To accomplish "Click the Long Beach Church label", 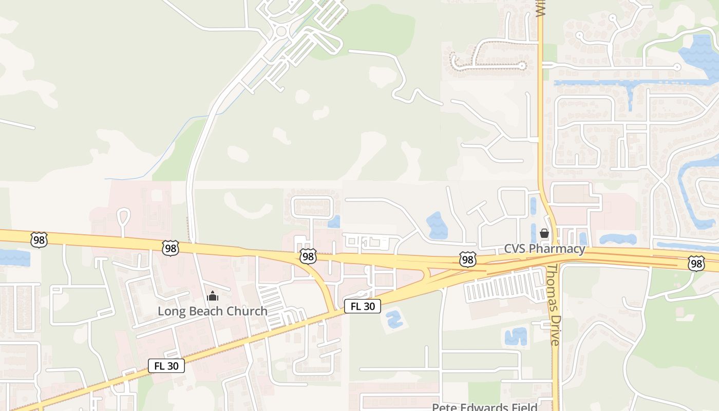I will point(212,311).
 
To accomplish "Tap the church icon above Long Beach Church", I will point(212,296).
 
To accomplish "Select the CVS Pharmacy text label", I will point(544,249).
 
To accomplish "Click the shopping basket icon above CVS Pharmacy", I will point(544,234).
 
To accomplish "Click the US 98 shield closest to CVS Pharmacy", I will point(467,259).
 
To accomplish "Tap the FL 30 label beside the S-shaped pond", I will point(363,307).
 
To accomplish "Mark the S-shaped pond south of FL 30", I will point(393,319).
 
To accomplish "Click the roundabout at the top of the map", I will point(281,32).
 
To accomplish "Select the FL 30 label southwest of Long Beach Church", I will point(166,366).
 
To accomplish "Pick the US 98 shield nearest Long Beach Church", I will point(170,248).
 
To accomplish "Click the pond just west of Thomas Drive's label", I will point(516,337).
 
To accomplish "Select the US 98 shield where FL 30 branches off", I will point(308,256).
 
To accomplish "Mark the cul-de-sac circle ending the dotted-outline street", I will point(522,66).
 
